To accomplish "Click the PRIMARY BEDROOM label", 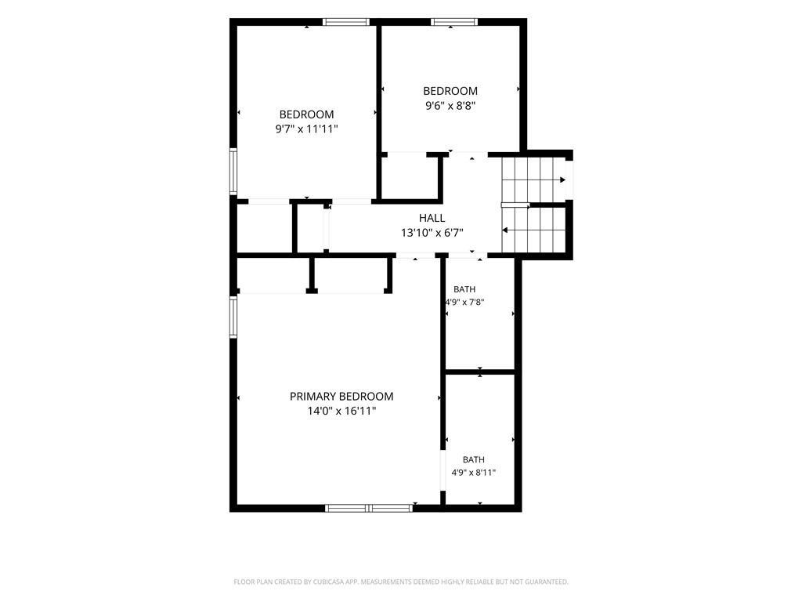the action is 341,396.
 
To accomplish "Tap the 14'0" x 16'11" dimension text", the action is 341,411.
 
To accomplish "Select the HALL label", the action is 432,218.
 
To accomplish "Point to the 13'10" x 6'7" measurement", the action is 432,233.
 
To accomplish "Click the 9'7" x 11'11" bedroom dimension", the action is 307,129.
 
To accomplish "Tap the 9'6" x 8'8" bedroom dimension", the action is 450,106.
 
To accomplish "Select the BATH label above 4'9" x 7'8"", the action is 464,289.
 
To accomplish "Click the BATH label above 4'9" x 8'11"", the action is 474,459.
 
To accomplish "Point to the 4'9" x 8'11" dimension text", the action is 474,473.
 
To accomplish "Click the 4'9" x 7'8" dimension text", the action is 465,302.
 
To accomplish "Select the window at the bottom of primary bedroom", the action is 369,508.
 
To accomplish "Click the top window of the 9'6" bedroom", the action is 454,22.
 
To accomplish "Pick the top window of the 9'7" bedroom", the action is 345,22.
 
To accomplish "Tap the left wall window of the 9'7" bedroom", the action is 233,171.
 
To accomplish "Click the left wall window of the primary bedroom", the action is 233,317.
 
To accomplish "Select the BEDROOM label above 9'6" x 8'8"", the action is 450,91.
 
